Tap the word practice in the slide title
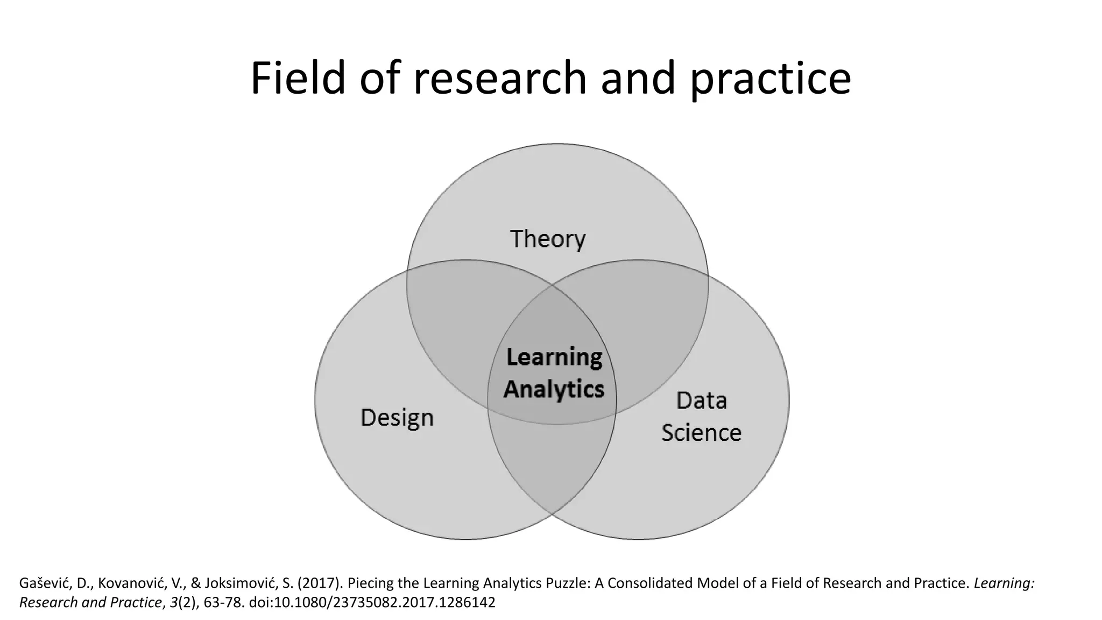click(771, 79)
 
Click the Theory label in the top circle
click(547, 239)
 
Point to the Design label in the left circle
click(397, 418)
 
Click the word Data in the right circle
click(701, 400)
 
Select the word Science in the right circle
click(701, 433)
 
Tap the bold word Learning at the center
click(554, 357)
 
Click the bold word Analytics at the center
click(554, 389)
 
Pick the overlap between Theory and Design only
click(463, 312)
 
